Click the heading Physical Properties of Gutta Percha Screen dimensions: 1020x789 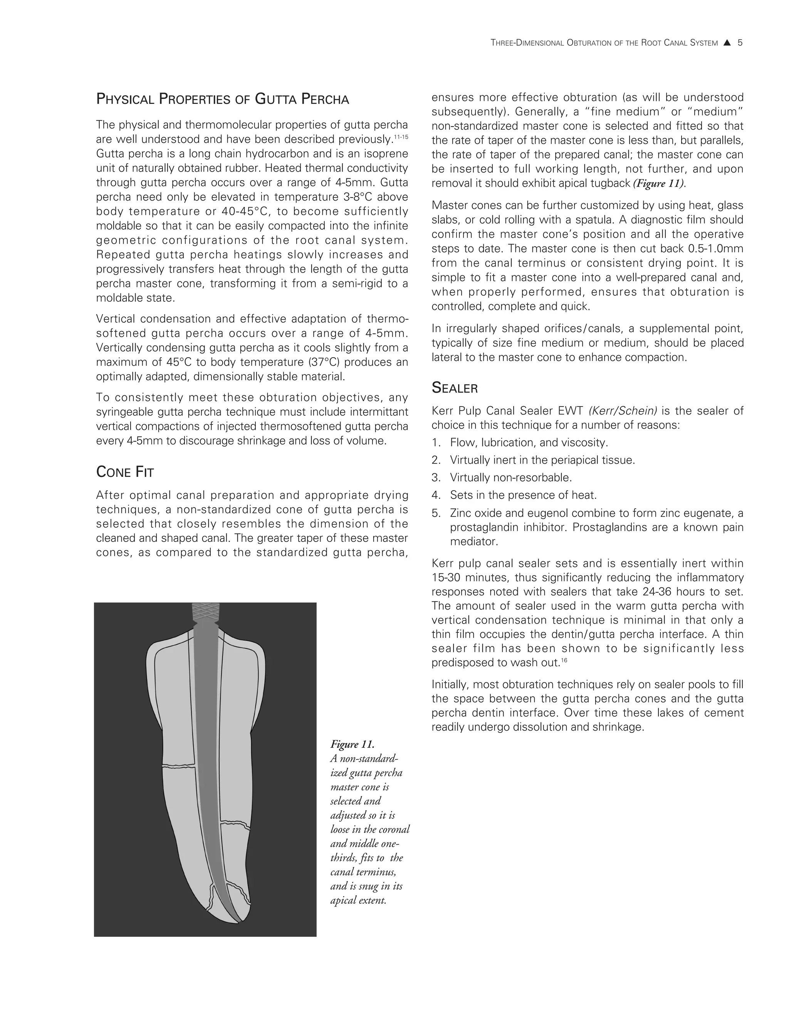pos(223,99)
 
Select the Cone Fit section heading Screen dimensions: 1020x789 pos(125,472)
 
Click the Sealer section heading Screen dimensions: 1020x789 pos(454,388)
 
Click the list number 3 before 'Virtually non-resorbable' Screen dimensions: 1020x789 pos(436,478)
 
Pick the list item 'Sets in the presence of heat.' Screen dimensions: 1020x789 pos(523,495)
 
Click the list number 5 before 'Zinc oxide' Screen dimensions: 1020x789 pos(436,513)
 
